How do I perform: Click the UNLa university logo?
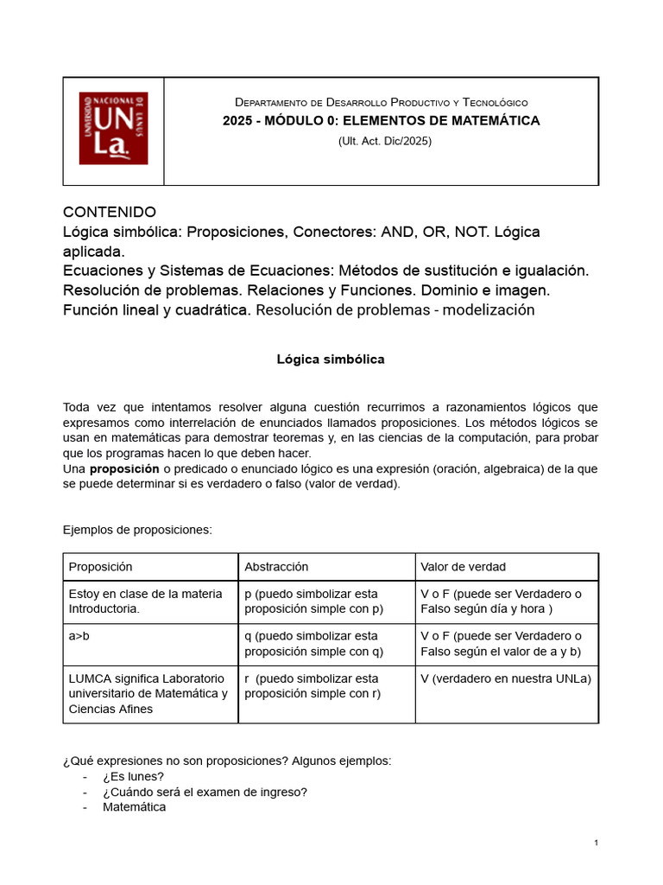click(x=113, y=129)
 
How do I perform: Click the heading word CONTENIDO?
click(x=110, y=212)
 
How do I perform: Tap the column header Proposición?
click(x=101, y=567)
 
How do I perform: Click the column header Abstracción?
click(x=276, y=567)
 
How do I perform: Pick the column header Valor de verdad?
click(x=463, y=567)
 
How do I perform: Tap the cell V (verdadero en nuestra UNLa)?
click(x=505, y=678)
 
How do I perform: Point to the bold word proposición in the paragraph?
click(x=124, y=468)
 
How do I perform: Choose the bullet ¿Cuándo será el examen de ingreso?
click(x=205, y=792)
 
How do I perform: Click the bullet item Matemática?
click(x=134, y=807)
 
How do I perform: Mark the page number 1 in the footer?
click(x=596, y=843)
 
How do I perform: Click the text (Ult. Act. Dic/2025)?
click(x=384, y=141)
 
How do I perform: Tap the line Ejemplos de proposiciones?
click(x=137, y=530)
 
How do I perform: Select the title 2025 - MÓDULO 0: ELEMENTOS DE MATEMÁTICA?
click(x=381, y=120)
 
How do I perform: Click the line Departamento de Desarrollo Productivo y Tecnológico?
click(x=381, y=102)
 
